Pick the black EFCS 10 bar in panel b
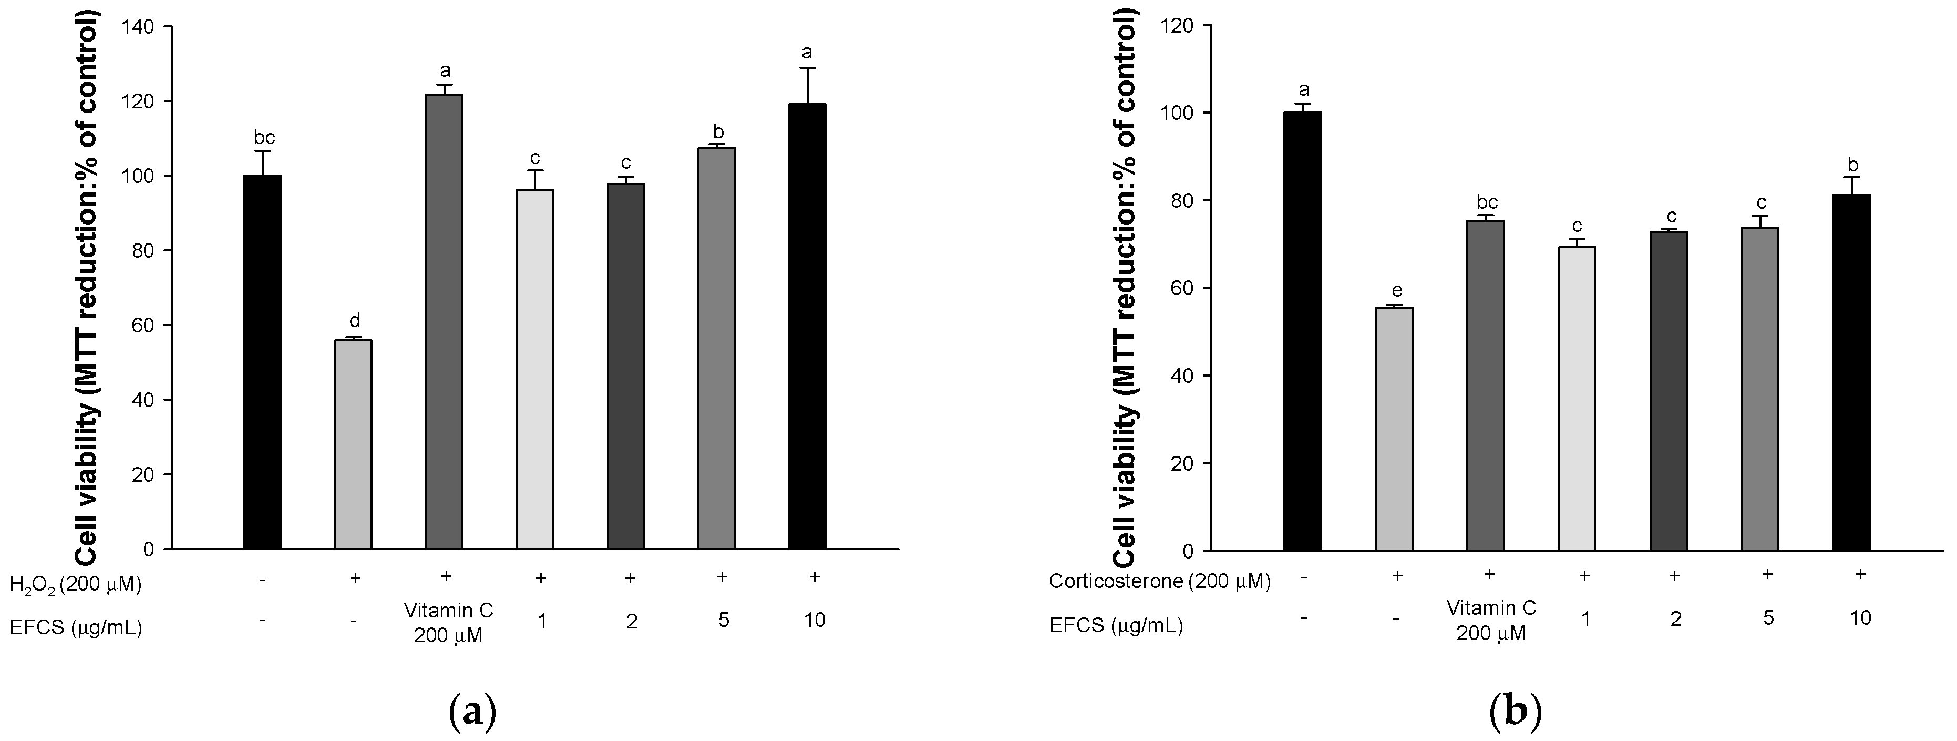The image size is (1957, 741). [x=1851, y=372]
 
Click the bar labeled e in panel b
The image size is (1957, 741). [x=1394, y=429]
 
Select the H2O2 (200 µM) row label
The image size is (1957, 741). [x=75, y=584]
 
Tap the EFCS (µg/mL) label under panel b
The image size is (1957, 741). [x=1115, y=625]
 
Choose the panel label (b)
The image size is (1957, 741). [x=1515, y=712]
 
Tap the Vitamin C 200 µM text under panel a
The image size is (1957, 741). [x=448, y=621]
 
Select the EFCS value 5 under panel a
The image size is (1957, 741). [x=723, y=620]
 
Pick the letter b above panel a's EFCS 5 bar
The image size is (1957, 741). [x=718, y=131]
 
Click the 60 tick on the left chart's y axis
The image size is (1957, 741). [x=148, y=326]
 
